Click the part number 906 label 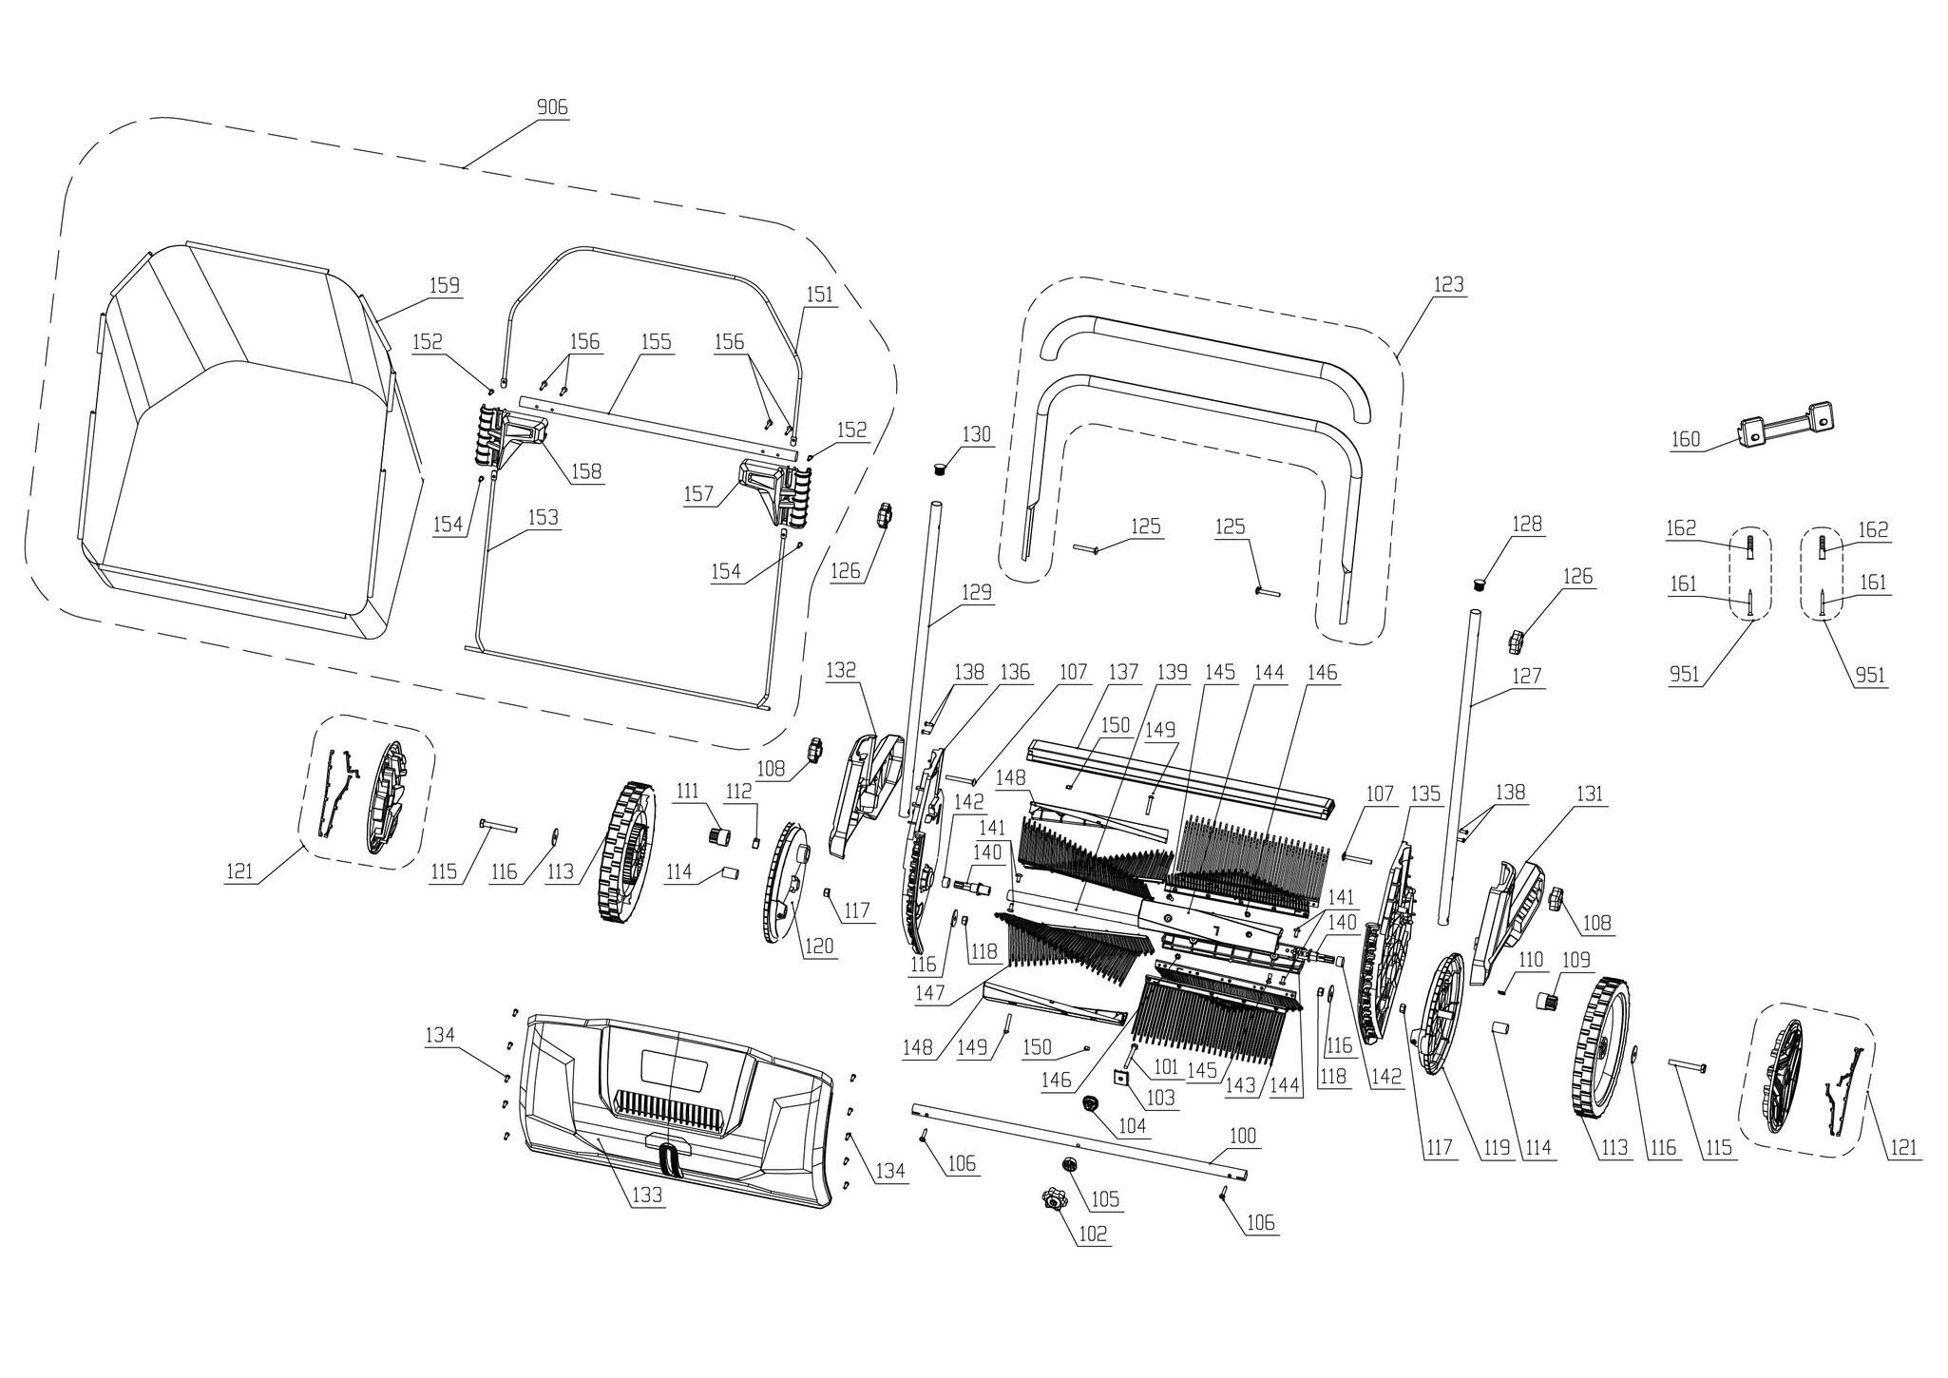click(x=552, y=107)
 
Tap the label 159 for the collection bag click(x=444, y=285)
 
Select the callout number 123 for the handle click(x=1449, y=284)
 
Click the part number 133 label click(x=646, y=1196)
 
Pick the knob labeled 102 click(x=1052, y=1201)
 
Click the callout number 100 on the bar click(x=1242, y=1136)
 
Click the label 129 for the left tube click(x=976, y=591)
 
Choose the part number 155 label click(x=656, y=341)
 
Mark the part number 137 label click(x=1122, y=672)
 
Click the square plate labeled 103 click(x=1121, y=1077)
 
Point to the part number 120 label click(x=820, y=946)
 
